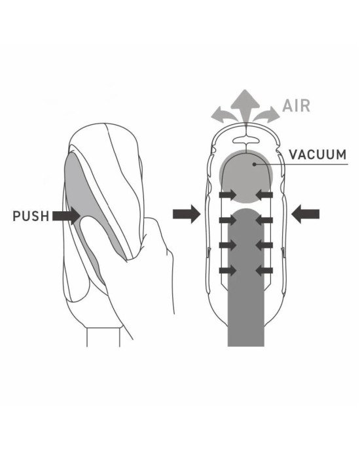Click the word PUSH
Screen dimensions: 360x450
(x=31, y=216)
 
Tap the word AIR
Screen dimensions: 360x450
(x=297, y=105)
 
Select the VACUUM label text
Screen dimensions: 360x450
(x=317, y=154)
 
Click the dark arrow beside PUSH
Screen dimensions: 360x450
(x=66, y=216)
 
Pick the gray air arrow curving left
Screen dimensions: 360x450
(x=225, y=114)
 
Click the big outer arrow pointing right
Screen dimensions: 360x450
(x=187, y=214)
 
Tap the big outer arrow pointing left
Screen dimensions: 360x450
(x=305, y=214)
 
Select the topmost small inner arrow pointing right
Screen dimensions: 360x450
(x=228, y=195)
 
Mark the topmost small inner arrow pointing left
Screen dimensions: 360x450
(x=264, y=195)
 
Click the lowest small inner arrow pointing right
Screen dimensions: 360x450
(x=228, y=270)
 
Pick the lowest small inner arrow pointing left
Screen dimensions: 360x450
(x=264, y=270)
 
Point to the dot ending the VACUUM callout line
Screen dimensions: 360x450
(x=254, y=164)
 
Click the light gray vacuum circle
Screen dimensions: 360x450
(x=245, y=176)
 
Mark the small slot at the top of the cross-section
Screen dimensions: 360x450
(x=247, y=140)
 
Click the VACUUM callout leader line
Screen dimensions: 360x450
(x=301, y=164)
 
